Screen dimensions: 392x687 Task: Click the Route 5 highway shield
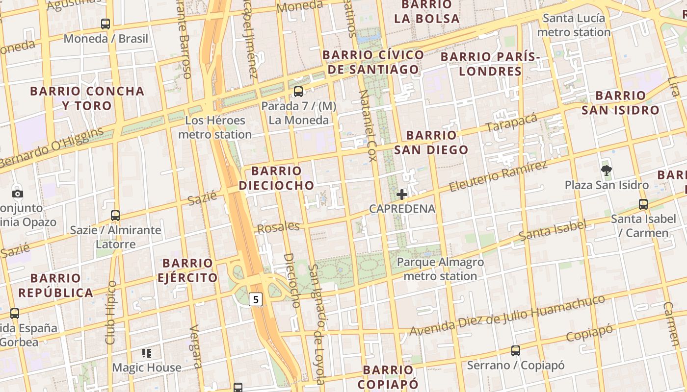(x=256, y=299)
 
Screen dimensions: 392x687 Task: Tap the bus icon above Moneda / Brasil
(x=106, y=24)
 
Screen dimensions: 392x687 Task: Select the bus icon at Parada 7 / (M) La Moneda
(x=298, y=92)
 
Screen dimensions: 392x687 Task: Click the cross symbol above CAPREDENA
(x=402, y=195)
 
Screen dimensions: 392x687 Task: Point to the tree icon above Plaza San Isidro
(x=607, y=171)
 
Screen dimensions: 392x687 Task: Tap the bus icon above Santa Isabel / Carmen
(x=643, y=204)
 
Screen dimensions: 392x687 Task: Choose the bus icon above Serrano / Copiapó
(x=516, y=351)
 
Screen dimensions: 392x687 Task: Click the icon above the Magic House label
(x=146, y=353)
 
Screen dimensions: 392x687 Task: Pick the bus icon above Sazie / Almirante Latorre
(x=115, y=215)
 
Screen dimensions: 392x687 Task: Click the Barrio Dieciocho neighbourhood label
(x=276, y=178)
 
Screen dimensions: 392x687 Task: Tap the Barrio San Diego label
(x=431, y=142)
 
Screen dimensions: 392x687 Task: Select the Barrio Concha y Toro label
(x=87, y=98)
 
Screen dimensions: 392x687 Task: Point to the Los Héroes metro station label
(x=215, y=127)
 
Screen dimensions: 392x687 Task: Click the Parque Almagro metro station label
(x=440, y=269)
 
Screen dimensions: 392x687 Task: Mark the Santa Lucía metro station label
(x=574, y=25)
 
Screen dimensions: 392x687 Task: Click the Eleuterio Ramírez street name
(x=498, y=176)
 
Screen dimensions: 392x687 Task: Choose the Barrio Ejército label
(x=187, y=270)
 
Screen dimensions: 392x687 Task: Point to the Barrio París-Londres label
(x=490, y=64)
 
